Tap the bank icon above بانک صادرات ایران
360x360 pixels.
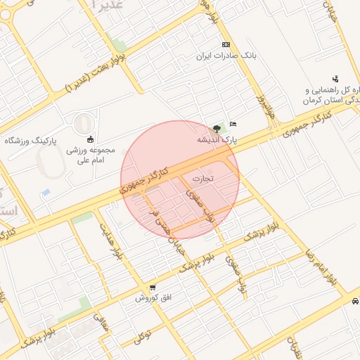[x=225, y=44]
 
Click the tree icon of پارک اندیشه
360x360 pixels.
[x=216, y=129]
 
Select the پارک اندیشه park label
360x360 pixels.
[x=217, y=141]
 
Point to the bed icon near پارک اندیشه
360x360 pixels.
[x=233, y=124]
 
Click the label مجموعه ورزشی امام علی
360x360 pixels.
[x=85, y=155]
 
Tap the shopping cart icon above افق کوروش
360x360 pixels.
[x=153, y=288]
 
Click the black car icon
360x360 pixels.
[x=354, y=301]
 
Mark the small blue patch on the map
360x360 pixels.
[x=46, y=192]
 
